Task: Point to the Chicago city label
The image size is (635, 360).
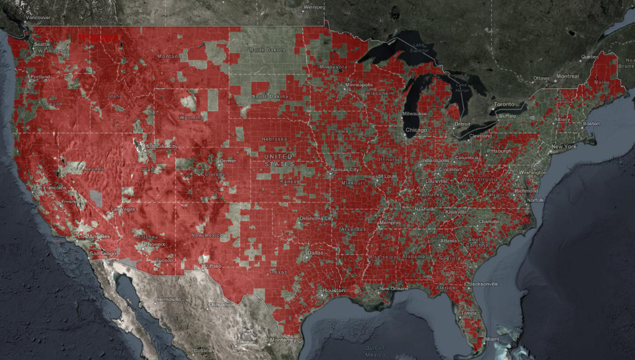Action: [416, 129]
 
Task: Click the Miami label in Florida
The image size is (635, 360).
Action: [492, 339]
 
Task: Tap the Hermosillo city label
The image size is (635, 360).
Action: [169, 299]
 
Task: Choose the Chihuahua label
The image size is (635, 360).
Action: [220, 305]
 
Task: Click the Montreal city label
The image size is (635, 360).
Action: [567, 76]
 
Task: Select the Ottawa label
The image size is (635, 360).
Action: [542, 78]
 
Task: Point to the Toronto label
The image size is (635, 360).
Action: [505, 104]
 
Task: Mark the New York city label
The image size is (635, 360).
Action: [563, 146]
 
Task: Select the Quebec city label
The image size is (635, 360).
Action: [590, 56]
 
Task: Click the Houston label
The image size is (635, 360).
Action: [333, 291]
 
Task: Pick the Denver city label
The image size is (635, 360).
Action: [228, 160]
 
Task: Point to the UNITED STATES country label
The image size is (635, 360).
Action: [279, 160]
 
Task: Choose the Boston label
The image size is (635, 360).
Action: [591, 123]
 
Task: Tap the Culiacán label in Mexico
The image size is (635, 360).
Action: [204, 351]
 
